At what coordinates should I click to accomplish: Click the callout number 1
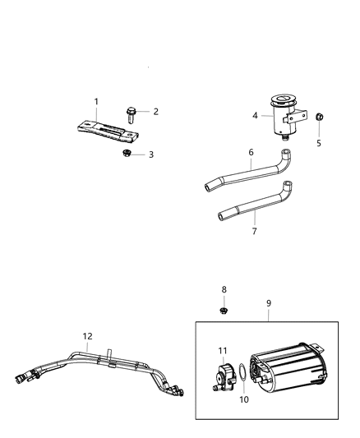96,102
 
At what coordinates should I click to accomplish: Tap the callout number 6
251,152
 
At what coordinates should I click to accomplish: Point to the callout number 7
254,233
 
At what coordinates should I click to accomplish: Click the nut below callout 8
223,311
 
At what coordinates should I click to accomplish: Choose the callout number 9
268,303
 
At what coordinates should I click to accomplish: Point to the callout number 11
222,351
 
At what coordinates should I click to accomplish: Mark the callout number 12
87,336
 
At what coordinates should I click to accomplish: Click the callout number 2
155,112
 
